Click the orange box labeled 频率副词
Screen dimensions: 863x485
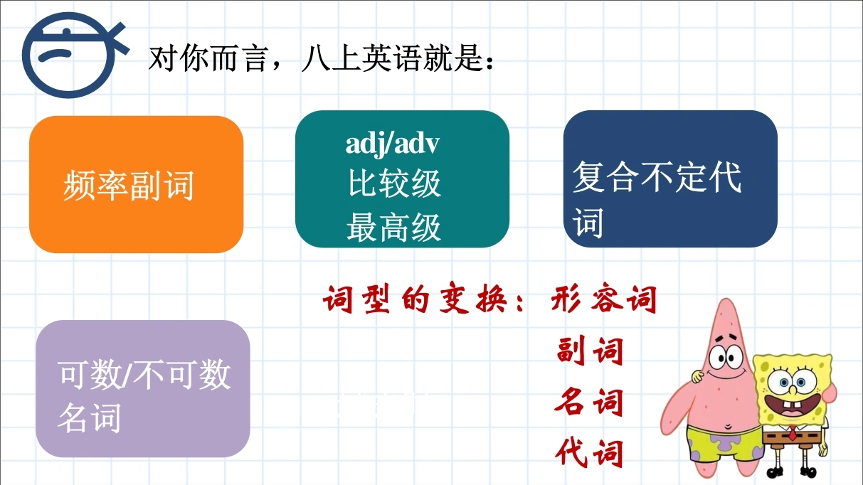pos(137,184)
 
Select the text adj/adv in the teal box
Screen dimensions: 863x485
pos(392,145)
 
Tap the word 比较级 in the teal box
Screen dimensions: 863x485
pos(394,183)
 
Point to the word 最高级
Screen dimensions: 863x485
pos(393,228)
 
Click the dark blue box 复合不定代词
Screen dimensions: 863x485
pos(670,178)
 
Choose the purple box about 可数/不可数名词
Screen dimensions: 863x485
pos(143,389)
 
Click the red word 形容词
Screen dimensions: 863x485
pos(604,299)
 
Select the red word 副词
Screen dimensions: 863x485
pos(590,350)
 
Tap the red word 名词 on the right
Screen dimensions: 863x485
pos(588,401)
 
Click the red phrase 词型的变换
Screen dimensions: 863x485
pos(415,299)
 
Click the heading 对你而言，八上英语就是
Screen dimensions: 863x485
pos(321,58)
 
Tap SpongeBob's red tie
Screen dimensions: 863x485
pos(792,432)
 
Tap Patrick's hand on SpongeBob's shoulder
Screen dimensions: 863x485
pos(697,375)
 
